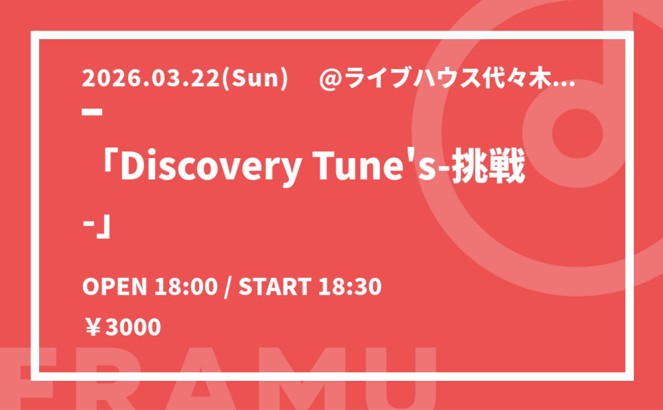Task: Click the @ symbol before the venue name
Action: [x=330, y=79]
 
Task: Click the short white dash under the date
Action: [x=92, y=112]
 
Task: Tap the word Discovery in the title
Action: [x=210, y=168]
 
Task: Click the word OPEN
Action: [x=115, y=287]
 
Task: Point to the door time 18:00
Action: [x=186, y=287]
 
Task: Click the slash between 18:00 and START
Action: [x=228, y=287]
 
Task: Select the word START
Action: [x=275, y=287]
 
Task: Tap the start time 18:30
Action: [x=350, y=287]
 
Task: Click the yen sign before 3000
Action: [x=93, y=327]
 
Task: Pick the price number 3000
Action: [x=133, y=327]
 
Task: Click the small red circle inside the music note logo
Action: [x=577, y=133]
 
